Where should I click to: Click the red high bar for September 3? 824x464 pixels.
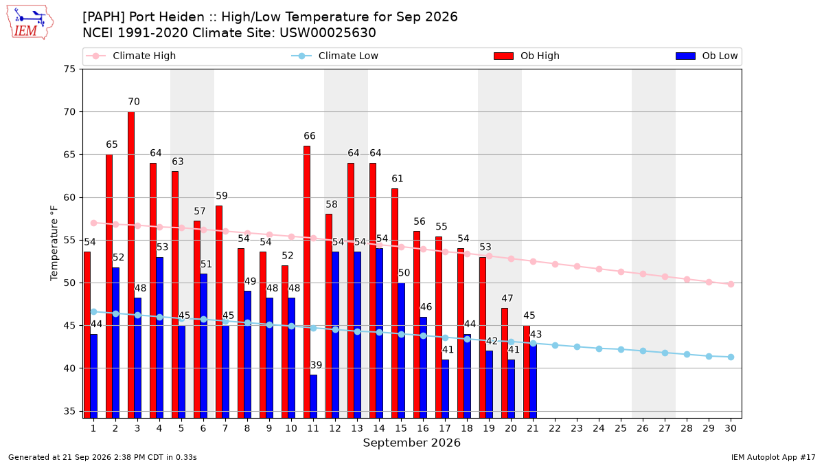coord(131,265)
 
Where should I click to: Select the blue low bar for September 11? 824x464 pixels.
coord(313,396)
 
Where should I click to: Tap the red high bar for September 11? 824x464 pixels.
coord(307,282)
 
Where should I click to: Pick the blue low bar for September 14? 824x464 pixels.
coord(379,333)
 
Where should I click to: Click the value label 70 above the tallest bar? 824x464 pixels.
coord(134,102)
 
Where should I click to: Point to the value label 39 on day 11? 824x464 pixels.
coord(317,365)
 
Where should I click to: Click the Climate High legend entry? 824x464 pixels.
coord(130,56)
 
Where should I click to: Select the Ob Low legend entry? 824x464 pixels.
coord(707,56)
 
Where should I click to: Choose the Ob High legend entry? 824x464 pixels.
coord(527,56)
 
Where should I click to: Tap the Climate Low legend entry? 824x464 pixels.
coord(334,56)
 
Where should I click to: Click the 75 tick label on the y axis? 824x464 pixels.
coord(69,69)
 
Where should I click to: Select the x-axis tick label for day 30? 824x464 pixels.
coord(731,428)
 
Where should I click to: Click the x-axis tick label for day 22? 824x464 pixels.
coord(555,428)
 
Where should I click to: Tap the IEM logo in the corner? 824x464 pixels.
coord(30,23)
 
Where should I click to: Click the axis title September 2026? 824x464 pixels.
coord(411,443)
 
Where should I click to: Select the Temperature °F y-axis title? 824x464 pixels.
coord(54,243)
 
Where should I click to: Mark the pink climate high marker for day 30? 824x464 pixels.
coord(731,285)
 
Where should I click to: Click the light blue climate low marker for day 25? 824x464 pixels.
coord(621,349)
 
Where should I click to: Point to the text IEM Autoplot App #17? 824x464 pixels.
coord(773,457)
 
